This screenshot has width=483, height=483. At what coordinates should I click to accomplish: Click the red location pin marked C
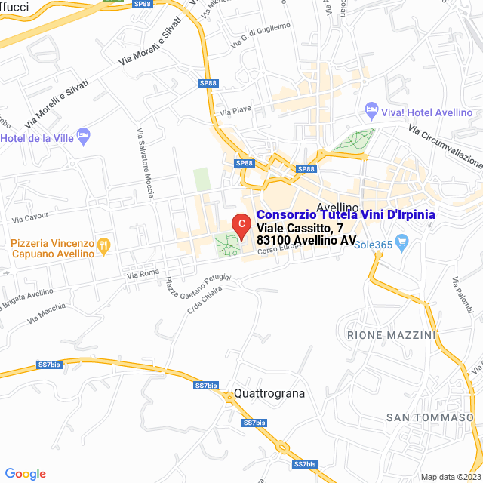(240, 225)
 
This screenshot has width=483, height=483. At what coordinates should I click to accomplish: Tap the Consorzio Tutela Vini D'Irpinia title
(346, 215)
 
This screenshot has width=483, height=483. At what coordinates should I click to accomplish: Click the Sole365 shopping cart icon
(401, 243)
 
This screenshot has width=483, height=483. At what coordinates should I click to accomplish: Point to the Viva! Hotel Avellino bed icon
(371, 110)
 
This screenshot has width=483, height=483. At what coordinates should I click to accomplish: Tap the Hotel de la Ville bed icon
(84, 137)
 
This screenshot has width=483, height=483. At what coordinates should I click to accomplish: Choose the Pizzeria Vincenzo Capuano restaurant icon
(104, 245)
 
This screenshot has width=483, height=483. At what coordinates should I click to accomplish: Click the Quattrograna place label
(269, 393)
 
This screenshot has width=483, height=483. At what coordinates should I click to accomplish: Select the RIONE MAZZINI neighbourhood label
(392, 334)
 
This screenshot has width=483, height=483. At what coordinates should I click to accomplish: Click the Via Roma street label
(143, 273)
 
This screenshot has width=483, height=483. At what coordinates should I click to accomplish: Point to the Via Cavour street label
(29, 217)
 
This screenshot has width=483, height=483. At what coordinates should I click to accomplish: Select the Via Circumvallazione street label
(445, 146)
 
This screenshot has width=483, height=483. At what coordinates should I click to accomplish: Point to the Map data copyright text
(450, 477)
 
